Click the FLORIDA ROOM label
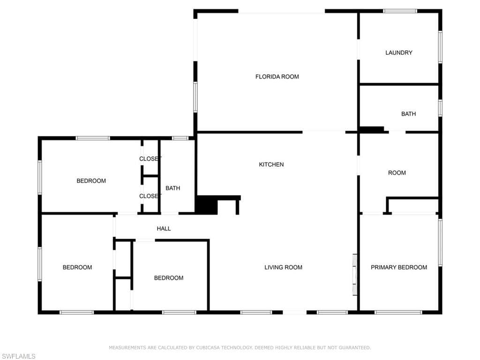(277, 76)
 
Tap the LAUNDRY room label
(398, 52)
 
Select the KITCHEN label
(271, 165)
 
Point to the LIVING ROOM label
(283, 267)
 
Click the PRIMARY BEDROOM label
(398, 267)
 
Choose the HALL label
(164, 228)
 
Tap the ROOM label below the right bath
(397, 172)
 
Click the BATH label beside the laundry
(408, 114)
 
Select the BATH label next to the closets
(172, 188)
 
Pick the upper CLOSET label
(150, 158)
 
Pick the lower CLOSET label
(150, 196)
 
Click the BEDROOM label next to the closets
(91, 181)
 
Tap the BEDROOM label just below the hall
(169, 278)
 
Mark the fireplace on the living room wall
(355, 275)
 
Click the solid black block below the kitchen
(207, 205)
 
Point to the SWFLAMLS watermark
(18, 356)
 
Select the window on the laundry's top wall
(400, 11)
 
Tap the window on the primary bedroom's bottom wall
(398, 312)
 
